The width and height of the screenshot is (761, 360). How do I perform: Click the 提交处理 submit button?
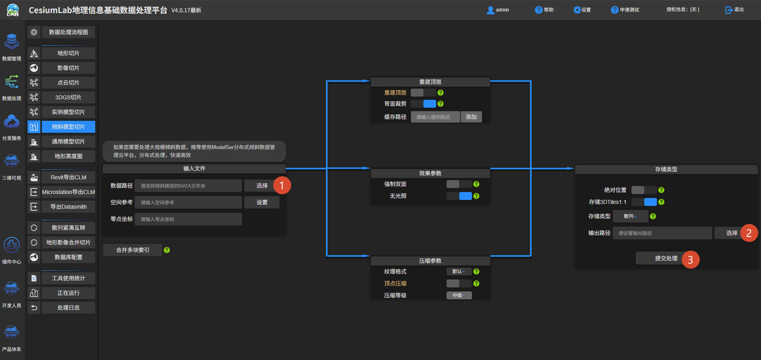pyautogui.click(x=666, y=258)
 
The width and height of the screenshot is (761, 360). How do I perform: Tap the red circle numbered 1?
pyautogui.click(x=282, y=186)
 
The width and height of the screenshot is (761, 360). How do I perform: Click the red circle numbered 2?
pyautogui.click(x=749, y=233)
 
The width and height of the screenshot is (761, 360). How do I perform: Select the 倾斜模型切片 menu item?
pyautogui.click(x=68, y=127)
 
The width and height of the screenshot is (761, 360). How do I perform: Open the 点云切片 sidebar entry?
pyautogui.click(x=68, y=83)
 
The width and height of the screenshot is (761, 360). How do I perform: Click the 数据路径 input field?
pyautogui.click(x=188, y=186)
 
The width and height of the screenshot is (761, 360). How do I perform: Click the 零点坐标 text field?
pyautogui.click(x=188, y=219)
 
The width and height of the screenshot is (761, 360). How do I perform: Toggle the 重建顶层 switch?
pyautogui.click(x=423, y=93)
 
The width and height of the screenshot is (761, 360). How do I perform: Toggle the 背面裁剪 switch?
pyautogui.click(x=423, y=104)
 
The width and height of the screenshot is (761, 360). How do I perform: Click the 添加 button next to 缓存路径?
pyautogui.click(x=471, y=117)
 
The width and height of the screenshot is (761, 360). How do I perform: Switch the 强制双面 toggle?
pyautogui.click(x=459, y=184)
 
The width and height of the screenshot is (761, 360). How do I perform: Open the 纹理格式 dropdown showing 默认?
pyautogui.click(x=458, y=272)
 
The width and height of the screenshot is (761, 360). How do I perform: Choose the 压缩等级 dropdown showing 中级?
pyautogui.click(x=459, y=295)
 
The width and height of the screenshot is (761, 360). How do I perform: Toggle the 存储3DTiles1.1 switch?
pyautogui.click(x=644, y=202)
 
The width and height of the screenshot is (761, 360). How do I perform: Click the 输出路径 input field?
pyautogui.click(x=662, y=233)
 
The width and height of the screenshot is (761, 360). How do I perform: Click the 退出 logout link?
pyautogui.click(x=735, y=10)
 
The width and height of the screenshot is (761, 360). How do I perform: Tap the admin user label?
pyautogui.click(x=498, y=10)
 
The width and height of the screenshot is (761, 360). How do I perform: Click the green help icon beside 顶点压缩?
pyautogui.click(x=476, y=283)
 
